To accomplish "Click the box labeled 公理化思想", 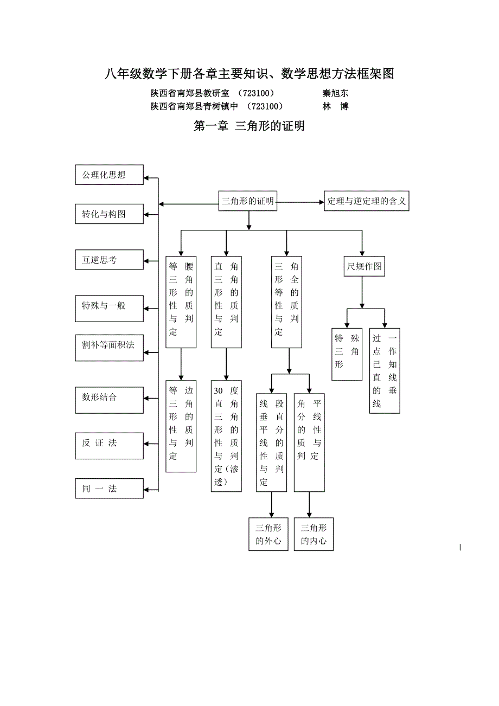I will pos(109,175).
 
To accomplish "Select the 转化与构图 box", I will pos(109,214).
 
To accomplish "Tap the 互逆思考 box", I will pos(109,259).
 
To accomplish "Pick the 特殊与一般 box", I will pos(109,305).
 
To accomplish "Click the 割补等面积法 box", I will pos(109,344).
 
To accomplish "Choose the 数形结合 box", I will pos(109,397).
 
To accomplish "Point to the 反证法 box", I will pos(109,442).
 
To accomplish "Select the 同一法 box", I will pos(109,488).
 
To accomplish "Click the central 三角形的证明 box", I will pos(248,202).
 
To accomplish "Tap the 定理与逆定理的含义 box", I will pos(366,201).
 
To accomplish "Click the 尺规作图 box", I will pos(364,266).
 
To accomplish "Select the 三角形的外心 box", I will pos(268,534).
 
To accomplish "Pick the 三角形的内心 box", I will pos(314,534).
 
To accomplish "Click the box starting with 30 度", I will pos(226,436).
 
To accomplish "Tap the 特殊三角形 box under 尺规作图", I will pos(347,353).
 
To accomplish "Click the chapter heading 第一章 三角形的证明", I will pos(250,126).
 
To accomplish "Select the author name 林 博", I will pos(335,106).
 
